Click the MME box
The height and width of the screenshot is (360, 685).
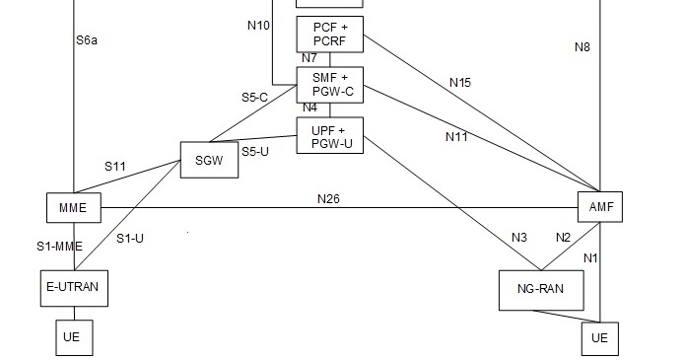pyautogui.click(x=74, y=208)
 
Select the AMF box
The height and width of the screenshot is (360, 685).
pyautogui.click(x=600, y=208)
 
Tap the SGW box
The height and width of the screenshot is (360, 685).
pyautogui.click(x=209, y=160)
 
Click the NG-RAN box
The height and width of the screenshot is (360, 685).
pyautogui.click(x=541, y=290)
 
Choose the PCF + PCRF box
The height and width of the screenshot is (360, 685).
pyautogui.click(x=329, y=35)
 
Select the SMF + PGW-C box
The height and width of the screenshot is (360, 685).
pyautogui.click(x=329, y=84)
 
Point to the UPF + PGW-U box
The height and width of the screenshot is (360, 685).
pyautogui.click(x=329, y=136)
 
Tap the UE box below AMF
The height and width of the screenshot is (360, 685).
pyautogui.click(x=600, y=338)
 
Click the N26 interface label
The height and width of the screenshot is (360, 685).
pyautogui.click(x=329, y=198)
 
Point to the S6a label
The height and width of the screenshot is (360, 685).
pyautogui.click(x=88, y=41)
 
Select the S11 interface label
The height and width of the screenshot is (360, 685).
pyautogui.click(x=116, y=167)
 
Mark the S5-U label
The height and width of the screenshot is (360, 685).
pyautogui.click(x=257, y=152)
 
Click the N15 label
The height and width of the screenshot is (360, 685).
pyautogui.click(x=459, y=83)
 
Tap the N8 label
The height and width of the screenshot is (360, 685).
pyautogui.click(x=582, y=46)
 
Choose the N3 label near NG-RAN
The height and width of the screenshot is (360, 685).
pyautogui.click(x=519, y=237)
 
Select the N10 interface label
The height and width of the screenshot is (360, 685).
pyautogui.click(x=258, y=25)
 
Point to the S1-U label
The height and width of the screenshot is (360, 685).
pyautogui.click(x=130, y=238)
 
